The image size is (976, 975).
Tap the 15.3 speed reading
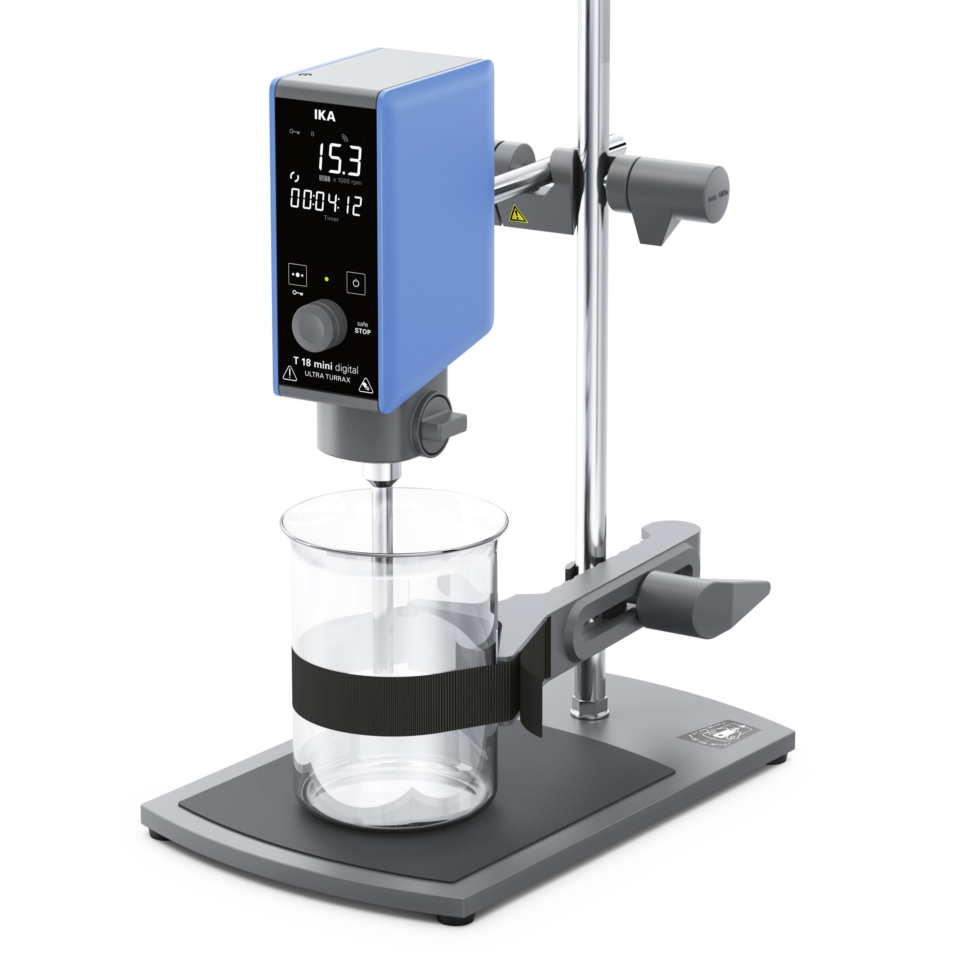pos(339,158)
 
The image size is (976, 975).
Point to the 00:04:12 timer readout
pos(326,202)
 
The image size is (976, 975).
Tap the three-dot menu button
pos(298,275)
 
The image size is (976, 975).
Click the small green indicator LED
pos(327,278)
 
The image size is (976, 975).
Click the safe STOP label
pos(362,328)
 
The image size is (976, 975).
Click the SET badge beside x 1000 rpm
pos(324,178)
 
